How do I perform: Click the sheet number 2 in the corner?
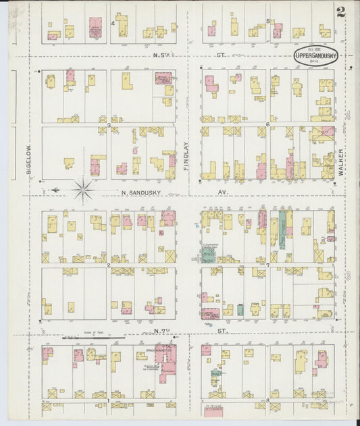tap(341, 11)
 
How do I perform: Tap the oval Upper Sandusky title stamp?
tap(315, 57)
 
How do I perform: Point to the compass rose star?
tap(83, 190)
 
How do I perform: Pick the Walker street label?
tap(342, 163)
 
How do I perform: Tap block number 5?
tap(267, 21)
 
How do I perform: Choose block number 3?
tap(109, 125)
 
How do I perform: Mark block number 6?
tap(267, 125)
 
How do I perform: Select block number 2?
tap(109, 265)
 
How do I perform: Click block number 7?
tap(267, 265)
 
